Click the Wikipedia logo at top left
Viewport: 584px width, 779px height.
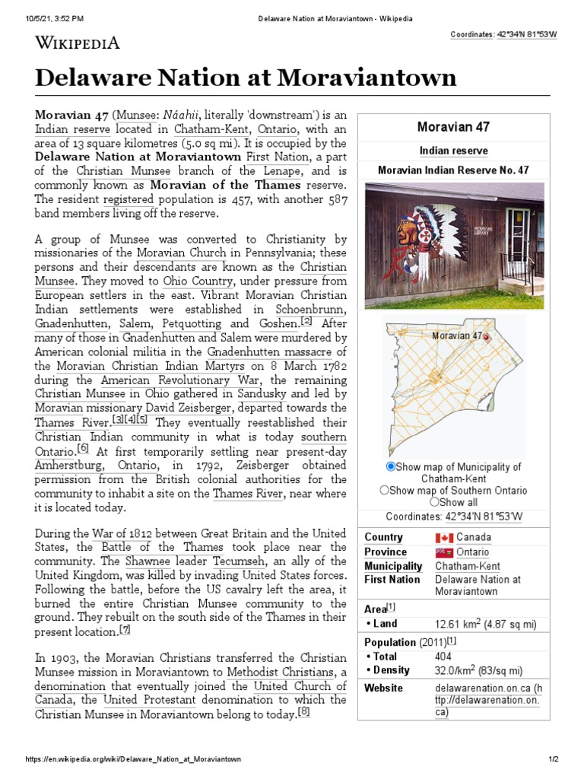77,43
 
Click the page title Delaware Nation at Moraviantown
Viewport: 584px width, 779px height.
246,77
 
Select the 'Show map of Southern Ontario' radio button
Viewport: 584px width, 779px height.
385,491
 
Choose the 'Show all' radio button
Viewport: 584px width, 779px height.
434,502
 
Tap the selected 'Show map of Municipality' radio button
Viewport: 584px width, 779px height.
391,466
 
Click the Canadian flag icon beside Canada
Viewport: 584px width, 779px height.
443,538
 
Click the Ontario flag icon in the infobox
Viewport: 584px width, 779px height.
443,552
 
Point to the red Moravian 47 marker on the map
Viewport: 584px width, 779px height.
487,336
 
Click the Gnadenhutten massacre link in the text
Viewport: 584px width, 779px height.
270,351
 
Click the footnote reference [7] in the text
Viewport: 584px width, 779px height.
125,630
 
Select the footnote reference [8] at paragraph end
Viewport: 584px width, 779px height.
304,712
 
